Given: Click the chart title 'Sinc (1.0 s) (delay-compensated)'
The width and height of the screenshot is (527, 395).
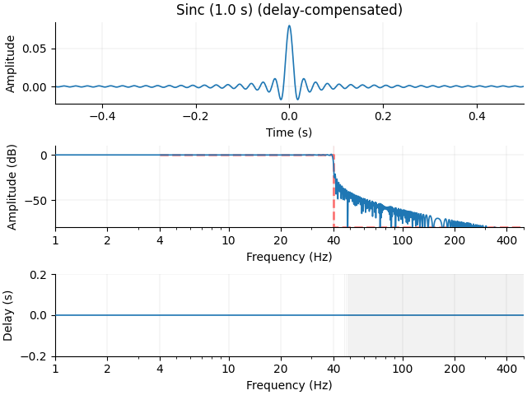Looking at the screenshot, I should point(289,11).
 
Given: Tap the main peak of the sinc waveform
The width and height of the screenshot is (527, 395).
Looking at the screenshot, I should point(289,26).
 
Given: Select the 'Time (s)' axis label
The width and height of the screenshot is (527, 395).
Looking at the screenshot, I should point(289,132).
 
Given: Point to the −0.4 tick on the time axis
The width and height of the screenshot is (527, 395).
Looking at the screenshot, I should point(102,117).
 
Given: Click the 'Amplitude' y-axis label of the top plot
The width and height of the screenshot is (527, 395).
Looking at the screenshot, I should point(11,63).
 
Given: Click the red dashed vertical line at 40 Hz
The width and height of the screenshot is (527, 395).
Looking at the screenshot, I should point(333,197).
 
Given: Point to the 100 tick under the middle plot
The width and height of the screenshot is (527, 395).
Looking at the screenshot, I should point(403,240).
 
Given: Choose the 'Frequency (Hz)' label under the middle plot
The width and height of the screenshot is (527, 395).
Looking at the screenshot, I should point(289,257).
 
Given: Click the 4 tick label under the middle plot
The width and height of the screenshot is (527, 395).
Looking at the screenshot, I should point(160,240).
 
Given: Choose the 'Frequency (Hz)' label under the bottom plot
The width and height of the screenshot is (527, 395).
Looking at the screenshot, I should point(289,385).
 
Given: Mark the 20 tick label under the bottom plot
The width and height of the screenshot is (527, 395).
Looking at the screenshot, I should point(281,369).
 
